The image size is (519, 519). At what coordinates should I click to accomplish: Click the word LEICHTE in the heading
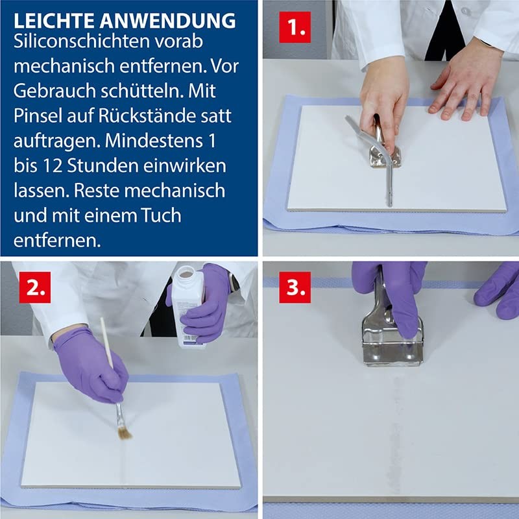[54, 21]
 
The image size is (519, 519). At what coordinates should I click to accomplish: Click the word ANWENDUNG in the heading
[167, 21]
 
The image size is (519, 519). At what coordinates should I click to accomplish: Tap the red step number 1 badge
[295, 27]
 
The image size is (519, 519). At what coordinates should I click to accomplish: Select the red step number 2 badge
[35, 287]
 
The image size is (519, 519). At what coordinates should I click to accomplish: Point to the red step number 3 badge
[295, 287]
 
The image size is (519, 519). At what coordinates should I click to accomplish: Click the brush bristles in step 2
[125, 432]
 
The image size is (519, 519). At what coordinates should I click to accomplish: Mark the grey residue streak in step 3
[396, 433]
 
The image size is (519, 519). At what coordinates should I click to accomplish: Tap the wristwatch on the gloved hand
[234, 283]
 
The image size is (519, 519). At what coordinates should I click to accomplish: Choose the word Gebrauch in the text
[54, 91]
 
